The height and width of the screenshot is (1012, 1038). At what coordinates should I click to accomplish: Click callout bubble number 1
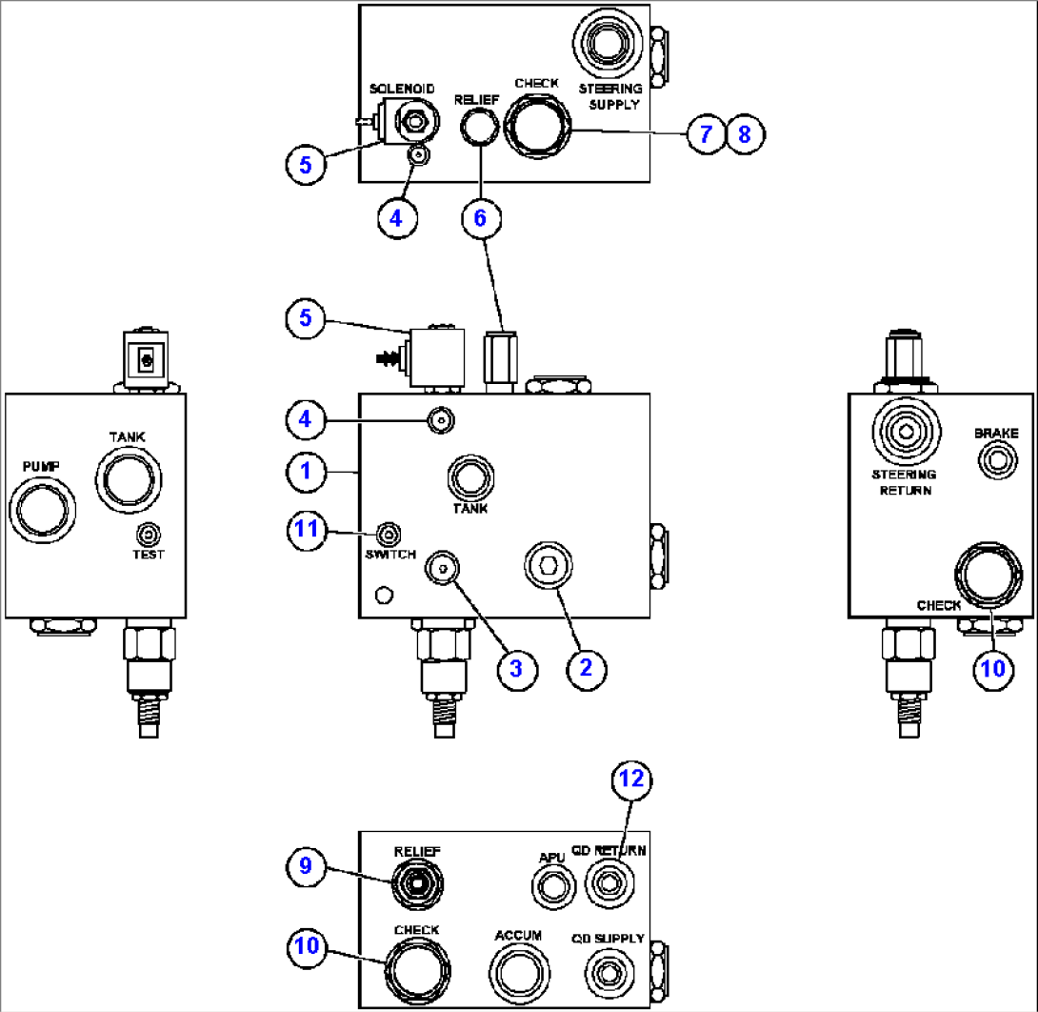point(306,471)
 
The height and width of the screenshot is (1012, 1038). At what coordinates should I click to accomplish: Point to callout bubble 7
point(706,134)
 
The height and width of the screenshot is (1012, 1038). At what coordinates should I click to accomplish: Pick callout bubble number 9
point(306,866)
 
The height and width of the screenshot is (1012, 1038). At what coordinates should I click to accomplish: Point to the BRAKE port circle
point(996,461)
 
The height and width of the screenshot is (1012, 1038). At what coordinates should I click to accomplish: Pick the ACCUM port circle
point(519,973)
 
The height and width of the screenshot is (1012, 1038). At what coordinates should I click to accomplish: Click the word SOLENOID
point(403,89)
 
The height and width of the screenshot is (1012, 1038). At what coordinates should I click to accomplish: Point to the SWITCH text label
point(390,555)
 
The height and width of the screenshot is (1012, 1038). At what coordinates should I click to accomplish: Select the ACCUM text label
point(518,936)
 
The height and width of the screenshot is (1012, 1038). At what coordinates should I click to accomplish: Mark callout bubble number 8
point(745,134)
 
